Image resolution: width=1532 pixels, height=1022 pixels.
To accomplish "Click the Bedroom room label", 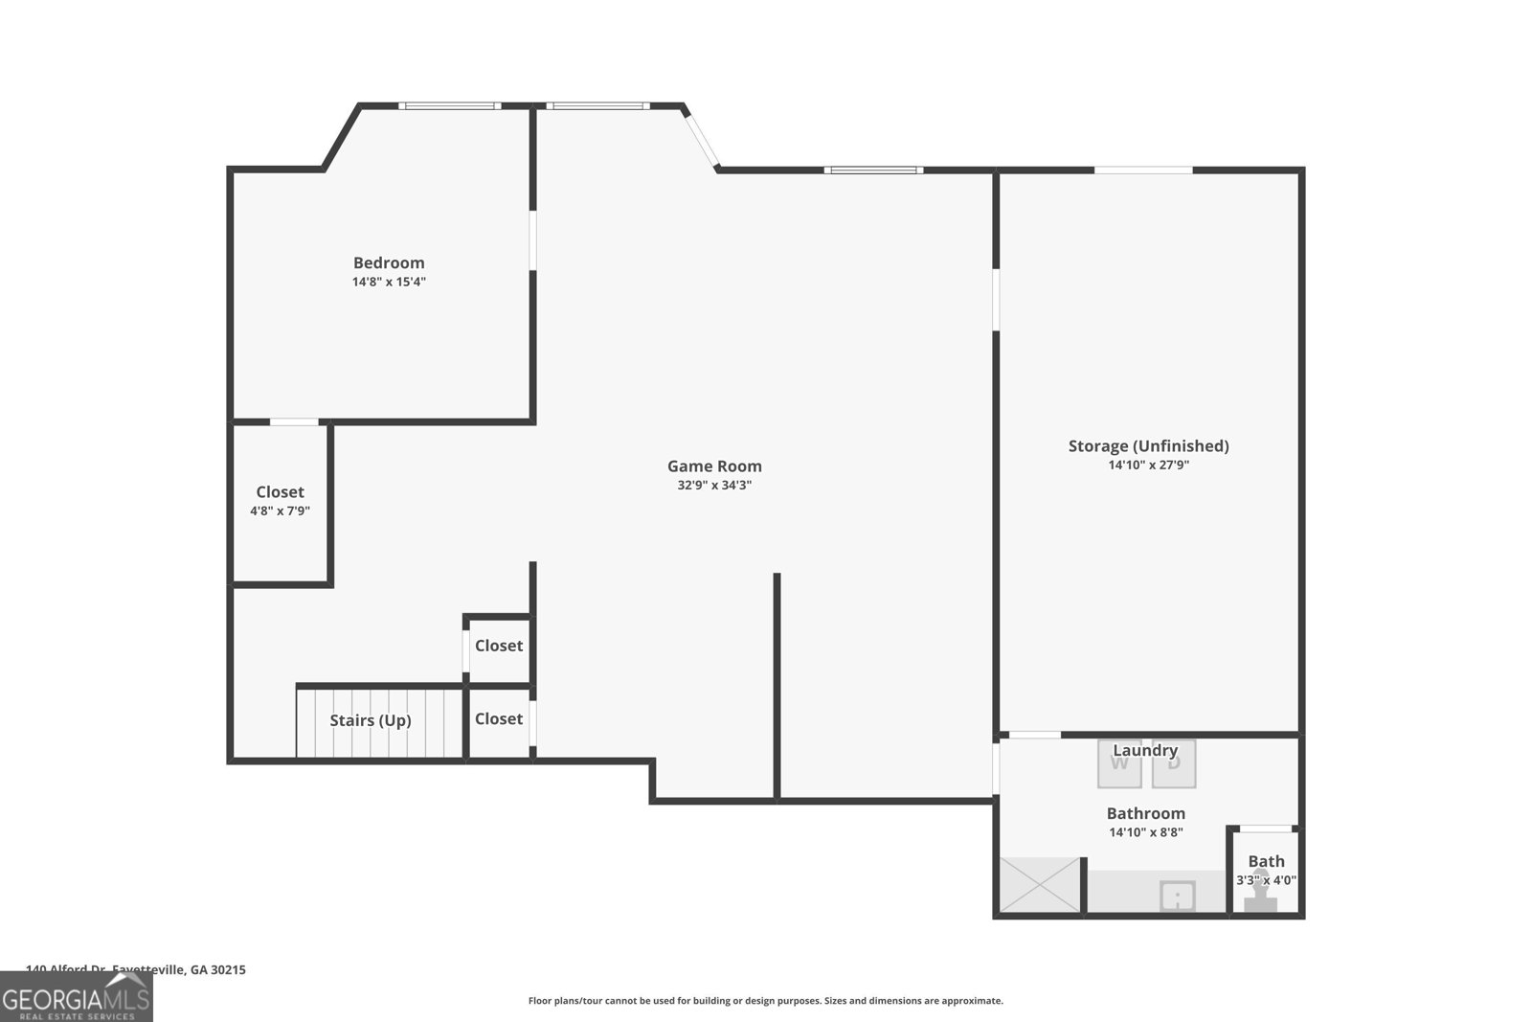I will click(389, 262).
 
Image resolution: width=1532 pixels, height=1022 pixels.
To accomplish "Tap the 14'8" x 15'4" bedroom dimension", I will click(389, 282).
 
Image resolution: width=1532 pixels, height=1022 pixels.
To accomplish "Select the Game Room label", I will click(714, 466).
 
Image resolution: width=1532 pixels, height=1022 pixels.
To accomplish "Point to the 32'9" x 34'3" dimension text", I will click(714, 486).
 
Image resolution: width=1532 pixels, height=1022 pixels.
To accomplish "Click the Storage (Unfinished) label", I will click(1148, 445).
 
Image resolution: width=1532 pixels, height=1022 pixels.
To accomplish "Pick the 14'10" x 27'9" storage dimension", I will click(1148, 466).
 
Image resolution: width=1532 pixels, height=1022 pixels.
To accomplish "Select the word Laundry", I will click(1145, 750).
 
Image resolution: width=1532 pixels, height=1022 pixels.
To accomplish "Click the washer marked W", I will click(1119, 763).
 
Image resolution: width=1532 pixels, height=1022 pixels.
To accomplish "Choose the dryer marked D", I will click(1174, 763).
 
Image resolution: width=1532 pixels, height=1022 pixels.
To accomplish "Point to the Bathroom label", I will click(1145, 813).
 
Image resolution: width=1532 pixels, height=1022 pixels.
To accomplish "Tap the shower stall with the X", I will click(1039, 885).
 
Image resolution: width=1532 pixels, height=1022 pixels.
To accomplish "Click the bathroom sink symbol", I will click(1178, 897).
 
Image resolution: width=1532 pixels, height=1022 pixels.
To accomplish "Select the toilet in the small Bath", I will click(1261, 893).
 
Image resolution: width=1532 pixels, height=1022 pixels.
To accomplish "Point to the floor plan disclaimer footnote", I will click(765, 1001).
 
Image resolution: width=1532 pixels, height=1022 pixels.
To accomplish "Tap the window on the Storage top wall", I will click(1143, 170).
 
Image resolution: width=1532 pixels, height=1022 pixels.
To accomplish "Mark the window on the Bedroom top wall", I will click(449, 105).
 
